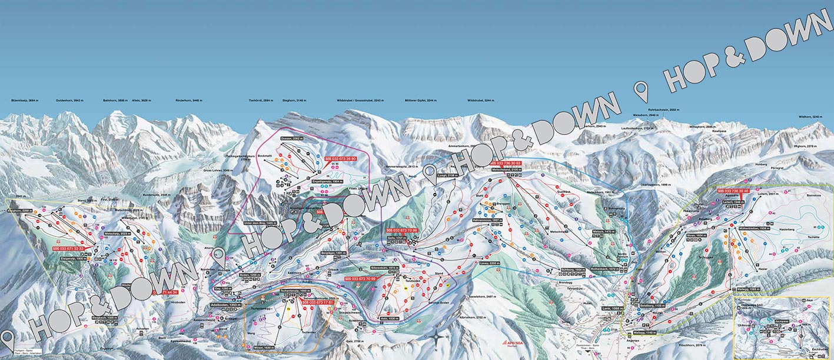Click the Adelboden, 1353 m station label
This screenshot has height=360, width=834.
(x=226, y=305)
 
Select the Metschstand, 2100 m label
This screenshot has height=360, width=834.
(x=508, y=169)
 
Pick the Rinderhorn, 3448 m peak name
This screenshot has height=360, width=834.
(x=188, y=101)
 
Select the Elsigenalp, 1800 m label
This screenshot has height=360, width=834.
(x=70, y=258)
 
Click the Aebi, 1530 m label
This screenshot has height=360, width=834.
(x=388, y=318)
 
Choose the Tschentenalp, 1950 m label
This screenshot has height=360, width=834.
(x=295, y=291)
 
